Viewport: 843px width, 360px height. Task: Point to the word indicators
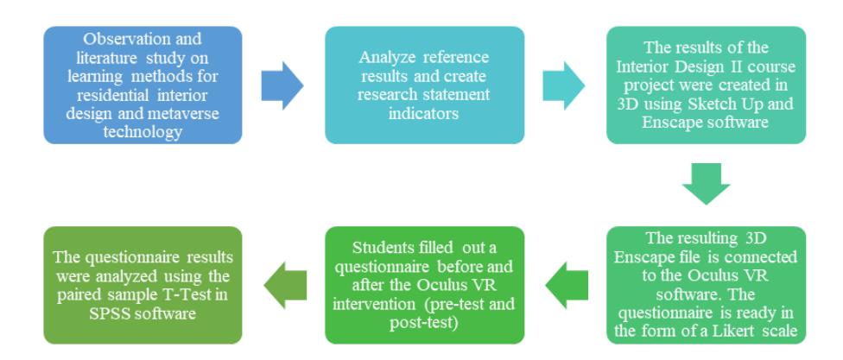[x=424, y=113]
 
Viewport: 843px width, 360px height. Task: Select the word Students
[x=379, y=248]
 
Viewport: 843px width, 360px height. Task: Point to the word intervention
[x=374, y=305]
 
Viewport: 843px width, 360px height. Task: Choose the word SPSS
[x=109, y=313]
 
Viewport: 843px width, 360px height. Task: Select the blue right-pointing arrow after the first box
[x=282, y=85]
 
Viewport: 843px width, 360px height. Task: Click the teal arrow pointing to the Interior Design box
[x=564, y=85]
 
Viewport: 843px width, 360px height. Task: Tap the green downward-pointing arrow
[x=706, y=184]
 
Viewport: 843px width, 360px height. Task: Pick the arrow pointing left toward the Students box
[x=567, y=285]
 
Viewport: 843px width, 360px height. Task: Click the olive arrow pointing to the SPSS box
[x=285, y=285]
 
